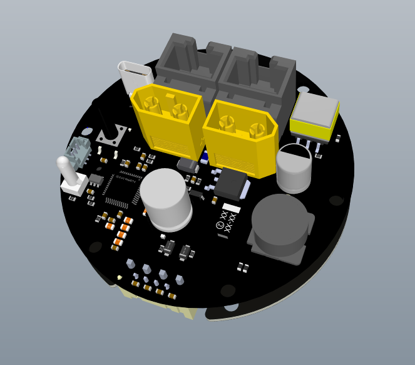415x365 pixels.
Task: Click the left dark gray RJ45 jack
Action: pyautogui.click(x=188, y=63)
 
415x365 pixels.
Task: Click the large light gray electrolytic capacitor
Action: pyautogui.click(x=166, y=197)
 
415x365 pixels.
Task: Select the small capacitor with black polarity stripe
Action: pyautogui.click(x=294, y=167)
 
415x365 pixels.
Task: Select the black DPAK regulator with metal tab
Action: pyautogui.click(x=230, y=184)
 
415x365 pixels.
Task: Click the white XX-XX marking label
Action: pyautogui.click(x=230, y=219)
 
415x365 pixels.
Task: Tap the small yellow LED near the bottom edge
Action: pyautogui.click(x=119, y=277)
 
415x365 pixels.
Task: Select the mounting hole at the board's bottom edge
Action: pyautogui.click(x=232, y=307)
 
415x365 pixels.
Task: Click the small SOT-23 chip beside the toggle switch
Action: pyautogui.click(x=96, y=179)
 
